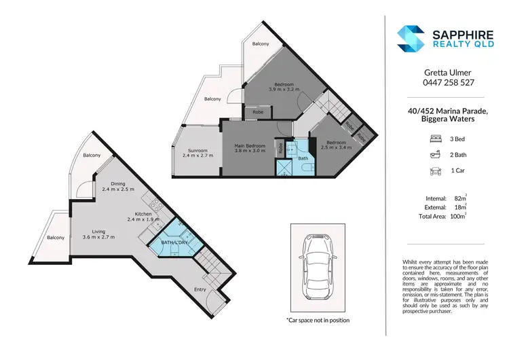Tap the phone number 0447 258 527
443,82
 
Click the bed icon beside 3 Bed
434,138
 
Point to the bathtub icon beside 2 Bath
434,155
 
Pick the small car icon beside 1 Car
434,173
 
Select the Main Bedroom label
250,146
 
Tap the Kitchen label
143,213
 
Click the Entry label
200,290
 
